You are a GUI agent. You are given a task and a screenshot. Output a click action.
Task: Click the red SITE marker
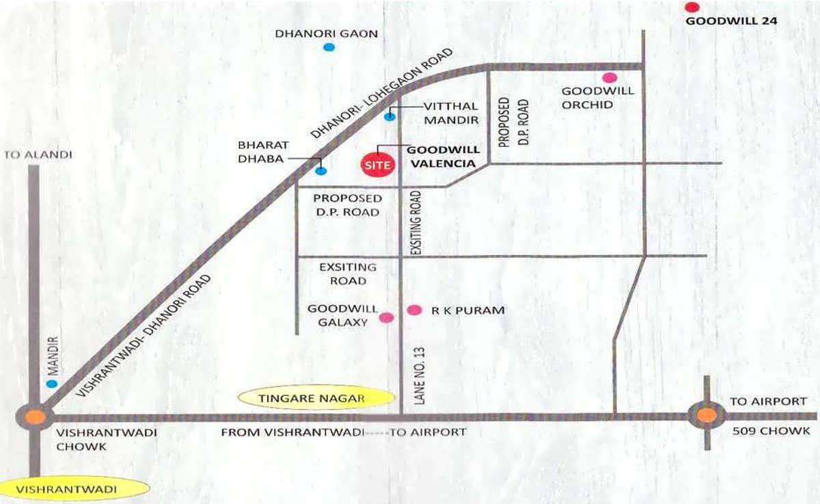click(x=377, y=165)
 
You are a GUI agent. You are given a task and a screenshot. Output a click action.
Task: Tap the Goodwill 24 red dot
click(x=692, y=8)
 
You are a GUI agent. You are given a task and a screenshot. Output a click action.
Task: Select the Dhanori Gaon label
click(x=326, y=34)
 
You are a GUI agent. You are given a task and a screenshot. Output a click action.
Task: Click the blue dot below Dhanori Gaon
click(x=329, y=47)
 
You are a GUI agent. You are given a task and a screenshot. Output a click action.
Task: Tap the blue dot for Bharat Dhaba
click(x=320, y=170)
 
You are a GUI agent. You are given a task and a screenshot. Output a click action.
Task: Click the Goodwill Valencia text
click(x=443, y=157)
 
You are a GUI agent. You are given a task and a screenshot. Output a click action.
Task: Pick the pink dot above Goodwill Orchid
click(x=608, y=77)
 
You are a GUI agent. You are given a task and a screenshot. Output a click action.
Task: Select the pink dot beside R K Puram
click(x=413, y=310)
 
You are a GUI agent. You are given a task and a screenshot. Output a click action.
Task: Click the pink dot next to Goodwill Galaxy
click(x=386, y=317)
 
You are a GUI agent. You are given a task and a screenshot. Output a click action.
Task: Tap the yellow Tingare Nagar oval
click(x=316, y=398)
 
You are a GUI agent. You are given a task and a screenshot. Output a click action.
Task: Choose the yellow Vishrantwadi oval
click(x=74, y=489)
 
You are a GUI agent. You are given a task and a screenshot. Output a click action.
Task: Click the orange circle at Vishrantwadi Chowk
click(x=36, y=416)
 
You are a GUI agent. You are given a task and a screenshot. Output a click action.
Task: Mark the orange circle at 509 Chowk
click(x=707, y=414)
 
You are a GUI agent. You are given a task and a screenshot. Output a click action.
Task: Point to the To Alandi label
click(x=38, y=155)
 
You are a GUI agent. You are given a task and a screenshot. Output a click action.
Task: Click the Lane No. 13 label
click(x=420, y=375)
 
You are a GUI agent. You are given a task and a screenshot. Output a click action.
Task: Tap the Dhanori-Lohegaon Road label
click(x=383, y=94)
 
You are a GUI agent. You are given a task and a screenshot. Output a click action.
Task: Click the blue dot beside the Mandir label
click(x=52, y=384)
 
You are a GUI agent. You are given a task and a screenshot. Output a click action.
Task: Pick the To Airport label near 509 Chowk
click(x=768, y=401)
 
